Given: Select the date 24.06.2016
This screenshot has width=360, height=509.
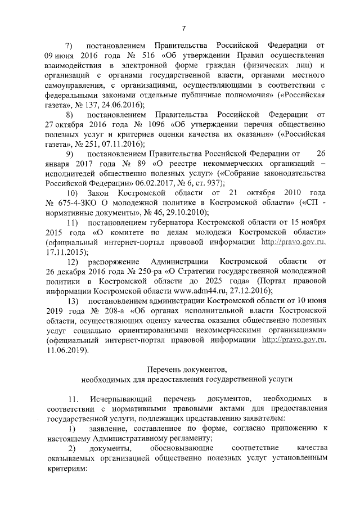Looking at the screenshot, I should (x=123, y=105).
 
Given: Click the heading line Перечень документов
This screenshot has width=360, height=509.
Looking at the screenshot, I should (x=186, y=369).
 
